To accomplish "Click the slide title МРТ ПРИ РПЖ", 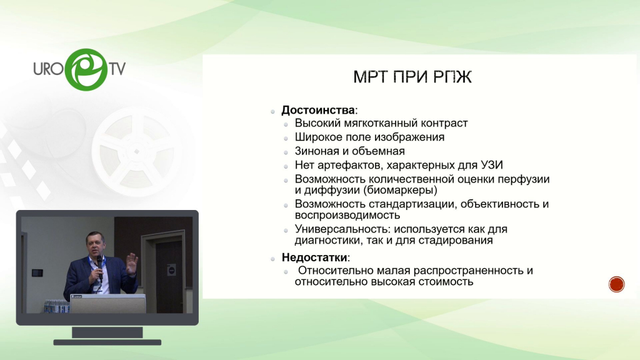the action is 412,77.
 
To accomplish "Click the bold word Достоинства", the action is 318,110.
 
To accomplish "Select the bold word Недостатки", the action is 314,257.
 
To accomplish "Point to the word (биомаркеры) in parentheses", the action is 401,190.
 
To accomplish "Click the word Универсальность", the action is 342,229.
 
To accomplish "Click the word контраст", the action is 444,123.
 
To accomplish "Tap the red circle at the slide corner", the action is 616,284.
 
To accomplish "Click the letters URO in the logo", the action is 49,69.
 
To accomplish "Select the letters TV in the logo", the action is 117,69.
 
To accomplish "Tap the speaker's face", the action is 94,244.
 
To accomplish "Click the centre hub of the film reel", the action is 137,151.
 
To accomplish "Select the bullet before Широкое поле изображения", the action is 286,138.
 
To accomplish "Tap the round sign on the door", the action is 171,270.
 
